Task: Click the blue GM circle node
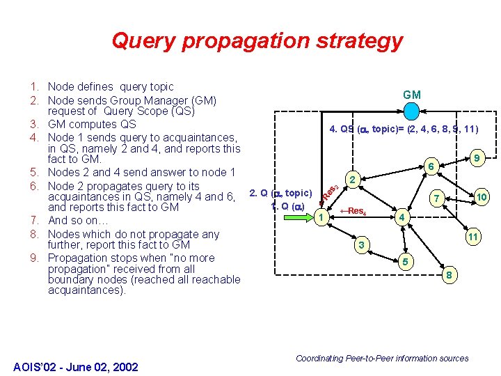click(412, 111)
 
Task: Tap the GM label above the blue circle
click(412, 95)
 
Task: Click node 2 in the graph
click(353, 180)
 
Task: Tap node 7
click(437, 198)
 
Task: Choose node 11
click(472, 237)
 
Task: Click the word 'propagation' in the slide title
click(249, 40)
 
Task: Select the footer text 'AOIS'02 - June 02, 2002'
click(76, 367)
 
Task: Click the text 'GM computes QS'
click(92, 124)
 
